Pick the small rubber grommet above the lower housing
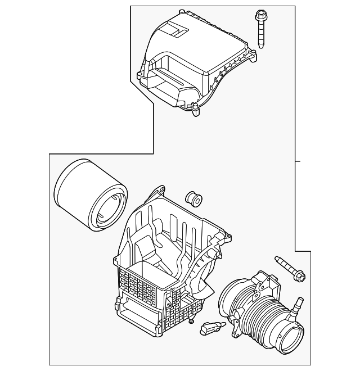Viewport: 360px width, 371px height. (192, 198)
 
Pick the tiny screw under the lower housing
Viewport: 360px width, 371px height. (192, 321)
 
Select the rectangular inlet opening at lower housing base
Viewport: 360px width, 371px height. (135, 315)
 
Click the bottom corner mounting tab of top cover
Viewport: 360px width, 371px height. (196, 112)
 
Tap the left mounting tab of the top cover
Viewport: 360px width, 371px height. (140, 74)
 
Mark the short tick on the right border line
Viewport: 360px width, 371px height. (298, 161)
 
